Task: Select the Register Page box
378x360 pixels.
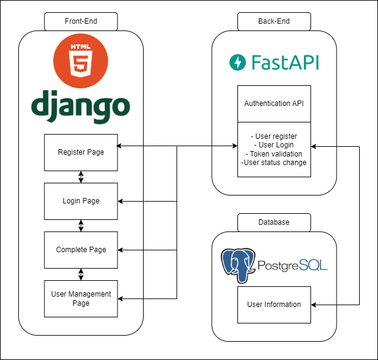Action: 81,152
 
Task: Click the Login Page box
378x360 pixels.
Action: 81,201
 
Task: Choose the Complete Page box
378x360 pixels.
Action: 81,250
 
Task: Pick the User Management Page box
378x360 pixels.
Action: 81,298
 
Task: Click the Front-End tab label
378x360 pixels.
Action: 81,22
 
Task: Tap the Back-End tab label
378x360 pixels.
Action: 274,22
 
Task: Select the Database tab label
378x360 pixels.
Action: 274,222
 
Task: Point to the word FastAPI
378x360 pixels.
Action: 284,62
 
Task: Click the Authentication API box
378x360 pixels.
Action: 274,104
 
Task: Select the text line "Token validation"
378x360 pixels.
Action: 274,154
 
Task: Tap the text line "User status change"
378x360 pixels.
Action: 274,163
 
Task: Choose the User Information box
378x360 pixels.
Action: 274,305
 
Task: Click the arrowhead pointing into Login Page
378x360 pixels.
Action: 121,201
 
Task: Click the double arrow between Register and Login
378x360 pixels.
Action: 81,177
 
